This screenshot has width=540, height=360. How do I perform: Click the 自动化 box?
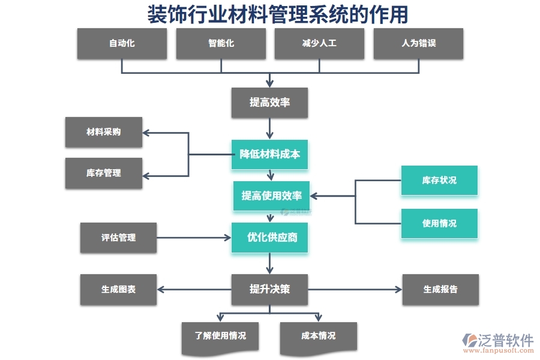[122, 43]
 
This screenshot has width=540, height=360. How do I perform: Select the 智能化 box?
[221, 43]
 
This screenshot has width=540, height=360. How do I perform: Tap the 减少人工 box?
[319, 43]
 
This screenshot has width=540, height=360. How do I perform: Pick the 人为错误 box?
[418, 43]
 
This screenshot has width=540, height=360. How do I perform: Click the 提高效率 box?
[270, 103]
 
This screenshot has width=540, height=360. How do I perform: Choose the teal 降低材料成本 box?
[270, 154]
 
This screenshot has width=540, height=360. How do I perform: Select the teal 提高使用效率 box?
[271, 196]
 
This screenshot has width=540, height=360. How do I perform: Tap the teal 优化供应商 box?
[271, 238]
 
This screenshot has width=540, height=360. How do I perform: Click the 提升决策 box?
[270, 289]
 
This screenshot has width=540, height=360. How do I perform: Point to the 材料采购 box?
[104, 132]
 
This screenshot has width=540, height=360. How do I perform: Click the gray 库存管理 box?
[104, 173]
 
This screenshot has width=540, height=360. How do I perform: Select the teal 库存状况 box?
[439, 180]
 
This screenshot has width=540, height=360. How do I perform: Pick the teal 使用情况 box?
[439, 223]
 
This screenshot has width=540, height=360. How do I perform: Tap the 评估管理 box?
[118, 238]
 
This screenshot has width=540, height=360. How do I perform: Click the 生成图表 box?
[118, 289]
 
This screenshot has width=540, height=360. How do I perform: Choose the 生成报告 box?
[440, 289]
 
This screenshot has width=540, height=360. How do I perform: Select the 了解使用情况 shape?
[220, 337]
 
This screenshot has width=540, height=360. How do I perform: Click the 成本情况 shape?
[319, 337]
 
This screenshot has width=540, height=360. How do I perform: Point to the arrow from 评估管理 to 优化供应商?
[194, 238]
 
